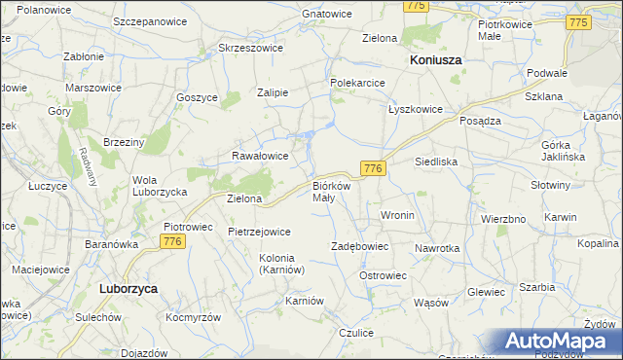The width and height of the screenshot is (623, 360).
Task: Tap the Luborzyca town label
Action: point(129,289)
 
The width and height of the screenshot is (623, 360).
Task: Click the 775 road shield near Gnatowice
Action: point(417,6)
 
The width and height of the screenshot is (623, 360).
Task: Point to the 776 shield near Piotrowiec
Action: point(173,241)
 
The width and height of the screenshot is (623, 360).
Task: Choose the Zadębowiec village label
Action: point(360,247)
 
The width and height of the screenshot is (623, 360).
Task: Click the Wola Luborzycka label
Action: point(160,186)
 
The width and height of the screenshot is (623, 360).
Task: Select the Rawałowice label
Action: point(260,155)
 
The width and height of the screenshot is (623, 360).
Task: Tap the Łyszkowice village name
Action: point(416,109)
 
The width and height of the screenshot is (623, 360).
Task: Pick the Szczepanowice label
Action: point(150,21)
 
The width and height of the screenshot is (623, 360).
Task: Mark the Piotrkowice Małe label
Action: point(503,29)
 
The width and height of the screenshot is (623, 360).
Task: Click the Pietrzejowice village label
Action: point(260,232)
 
